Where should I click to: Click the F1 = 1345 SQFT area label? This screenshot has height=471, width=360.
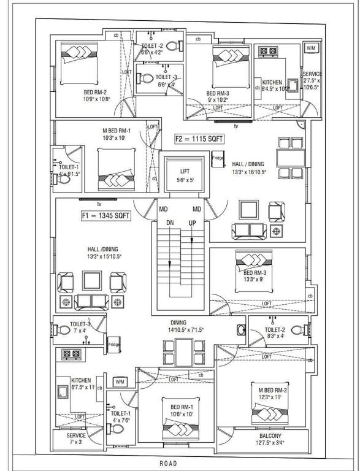(105, 215)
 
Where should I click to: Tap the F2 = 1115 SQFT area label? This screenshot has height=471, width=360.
(199, 139)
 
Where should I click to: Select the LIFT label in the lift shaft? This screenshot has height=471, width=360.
(185, 171)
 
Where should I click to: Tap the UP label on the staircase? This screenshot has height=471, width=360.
(193, 224)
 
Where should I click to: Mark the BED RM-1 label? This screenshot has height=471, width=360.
(178, 407)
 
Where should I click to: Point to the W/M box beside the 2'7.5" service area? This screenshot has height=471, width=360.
(311, 48)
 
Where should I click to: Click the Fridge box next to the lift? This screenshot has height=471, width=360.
(218, 159)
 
